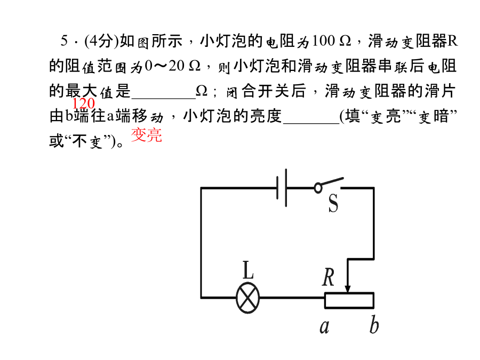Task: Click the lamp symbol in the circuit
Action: pos(247,298)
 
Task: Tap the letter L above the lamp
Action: pos(247,270)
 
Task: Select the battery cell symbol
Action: pos(282,188)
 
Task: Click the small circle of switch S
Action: pos(318,188)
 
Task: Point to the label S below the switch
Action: pos(333,204)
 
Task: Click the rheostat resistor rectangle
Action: pos(349,300)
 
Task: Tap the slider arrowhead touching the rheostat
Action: pos(347,289)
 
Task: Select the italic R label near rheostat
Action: pos(329,277)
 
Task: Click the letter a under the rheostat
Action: pos(324,327)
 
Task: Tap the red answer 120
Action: pos(84,104)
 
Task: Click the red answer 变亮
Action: pos(146,135)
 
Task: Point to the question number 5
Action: pos(64,41)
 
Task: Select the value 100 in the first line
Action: pos(324,41)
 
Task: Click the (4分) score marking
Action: pos(101,41)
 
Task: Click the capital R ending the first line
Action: pos(452,41)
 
